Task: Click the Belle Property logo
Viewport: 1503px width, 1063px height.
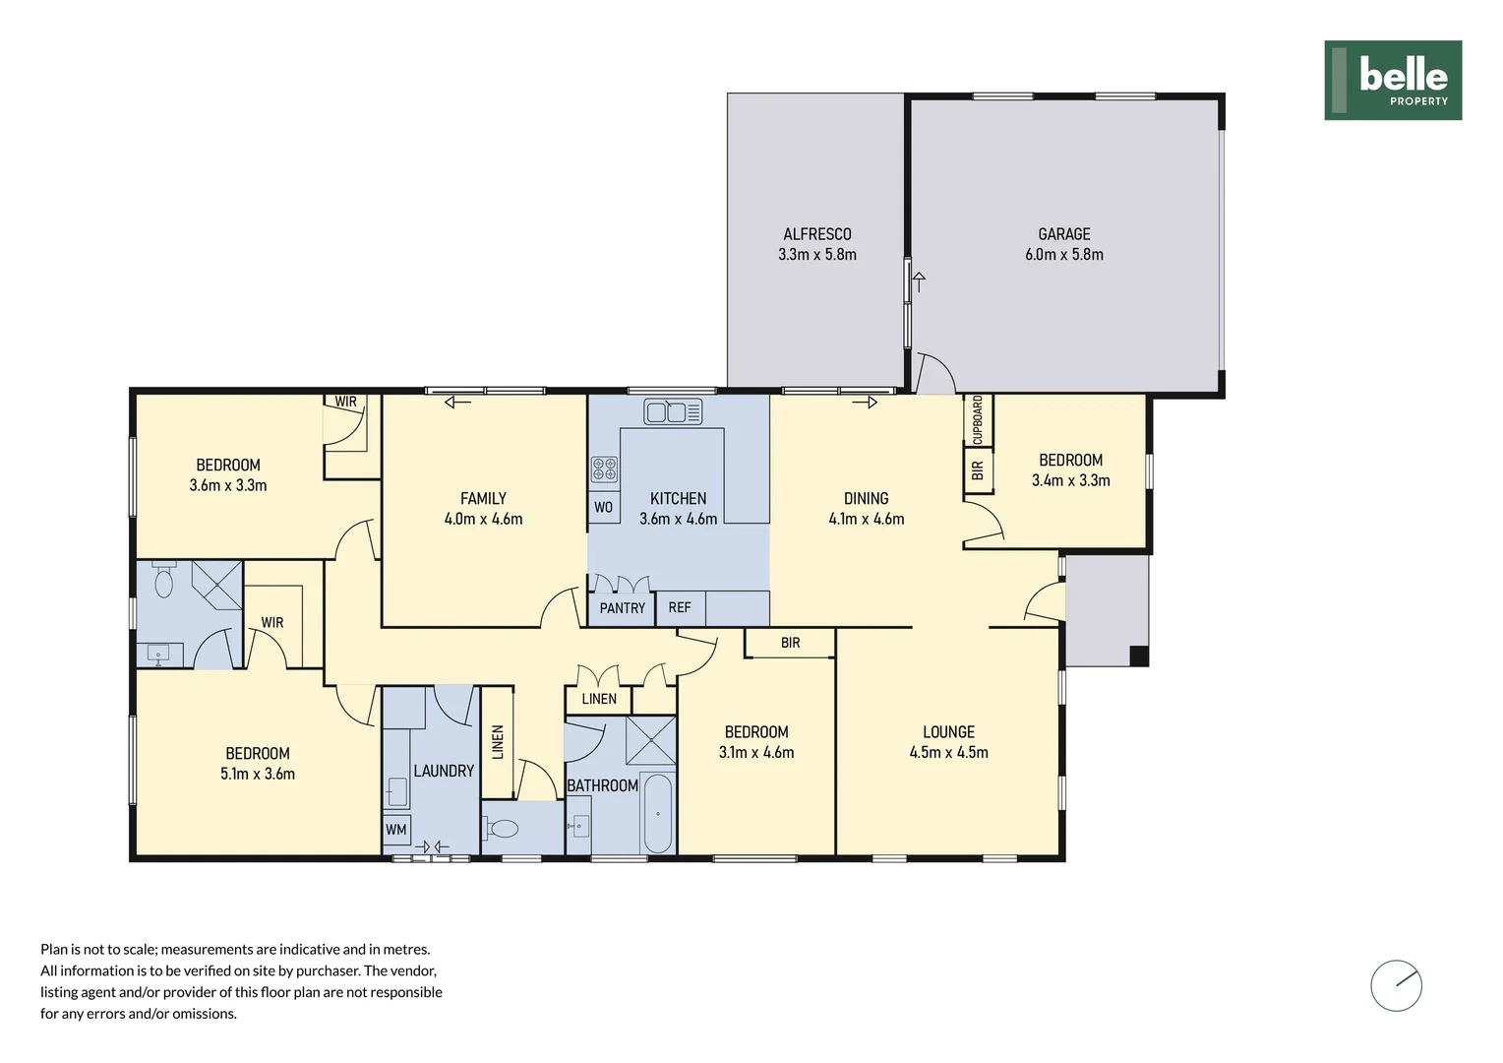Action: [x=1393, y=80]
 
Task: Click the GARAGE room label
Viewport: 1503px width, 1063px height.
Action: [x=1064, y=234]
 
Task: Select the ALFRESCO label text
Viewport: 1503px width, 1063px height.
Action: [x=817, y=234]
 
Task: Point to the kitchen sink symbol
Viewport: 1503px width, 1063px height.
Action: [x=673, y=411]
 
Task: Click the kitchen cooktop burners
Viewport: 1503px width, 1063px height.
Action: [x=604, y=469]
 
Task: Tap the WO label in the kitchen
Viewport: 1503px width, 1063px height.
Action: [x=603, y=508]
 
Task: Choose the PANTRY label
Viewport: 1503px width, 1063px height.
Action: [x=622, y=608]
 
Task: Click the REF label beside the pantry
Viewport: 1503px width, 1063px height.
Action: [x=679, y=607]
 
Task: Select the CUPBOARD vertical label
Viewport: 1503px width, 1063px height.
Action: [x=978, y=419]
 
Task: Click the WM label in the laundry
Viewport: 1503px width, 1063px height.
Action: [x=395, y=830]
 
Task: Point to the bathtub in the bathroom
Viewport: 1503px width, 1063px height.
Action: [x=657, y=813]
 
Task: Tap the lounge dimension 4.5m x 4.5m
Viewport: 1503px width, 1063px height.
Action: [x=949, y=752]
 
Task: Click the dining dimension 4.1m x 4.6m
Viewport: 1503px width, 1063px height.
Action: [x=867, y=519]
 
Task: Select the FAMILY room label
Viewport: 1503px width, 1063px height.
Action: [x=483, y=499]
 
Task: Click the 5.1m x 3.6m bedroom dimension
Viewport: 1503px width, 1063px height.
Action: [x=258, y=774]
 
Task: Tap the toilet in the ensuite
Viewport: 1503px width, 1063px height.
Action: [x=163, y=579]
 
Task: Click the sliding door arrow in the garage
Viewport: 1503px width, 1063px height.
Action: [x=919, y=281]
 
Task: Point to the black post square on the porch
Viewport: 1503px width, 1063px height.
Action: [x=1139, y=656]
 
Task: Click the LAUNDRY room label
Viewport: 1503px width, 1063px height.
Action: [x=444, y=771]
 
